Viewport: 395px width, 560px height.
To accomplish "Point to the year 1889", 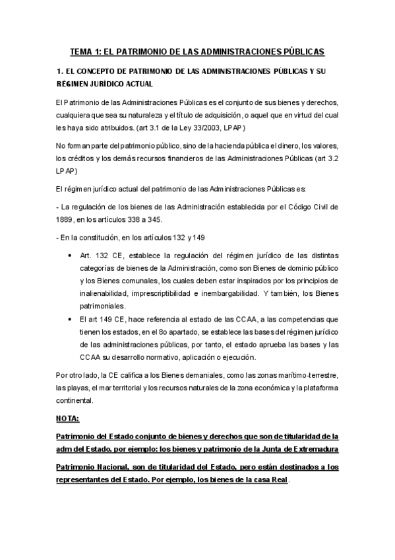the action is click(x=67, y=219).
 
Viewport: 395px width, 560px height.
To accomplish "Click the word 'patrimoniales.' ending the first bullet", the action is click(x=104, y=306).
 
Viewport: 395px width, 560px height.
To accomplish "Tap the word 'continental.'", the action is click(x=76, y=400).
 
